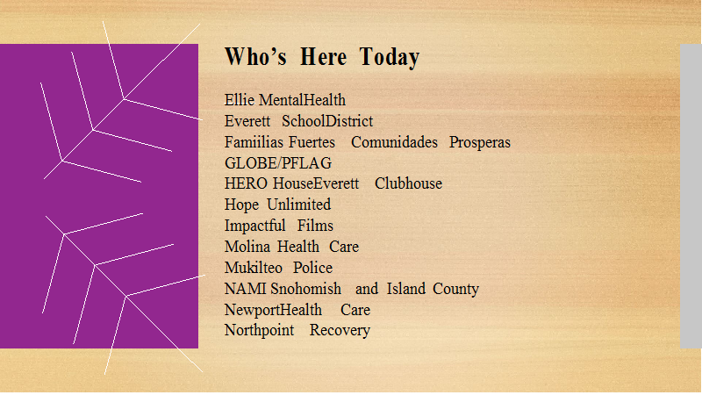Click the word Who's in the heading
255,56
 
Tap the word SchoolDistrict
327,121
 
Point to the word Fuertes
312,142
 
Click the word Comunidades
394,142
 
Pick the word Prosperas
479,143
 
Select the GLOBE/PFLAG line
278,163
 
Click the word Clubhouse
408,183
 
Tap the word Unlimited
298,205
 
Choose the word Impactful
254,226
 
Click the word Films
315,226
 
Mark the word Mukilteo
254,268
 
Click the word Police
312,268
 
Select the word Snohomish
305,289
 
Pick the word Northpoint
259,331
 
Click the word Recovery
340,331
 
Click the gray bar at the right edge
691,196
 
